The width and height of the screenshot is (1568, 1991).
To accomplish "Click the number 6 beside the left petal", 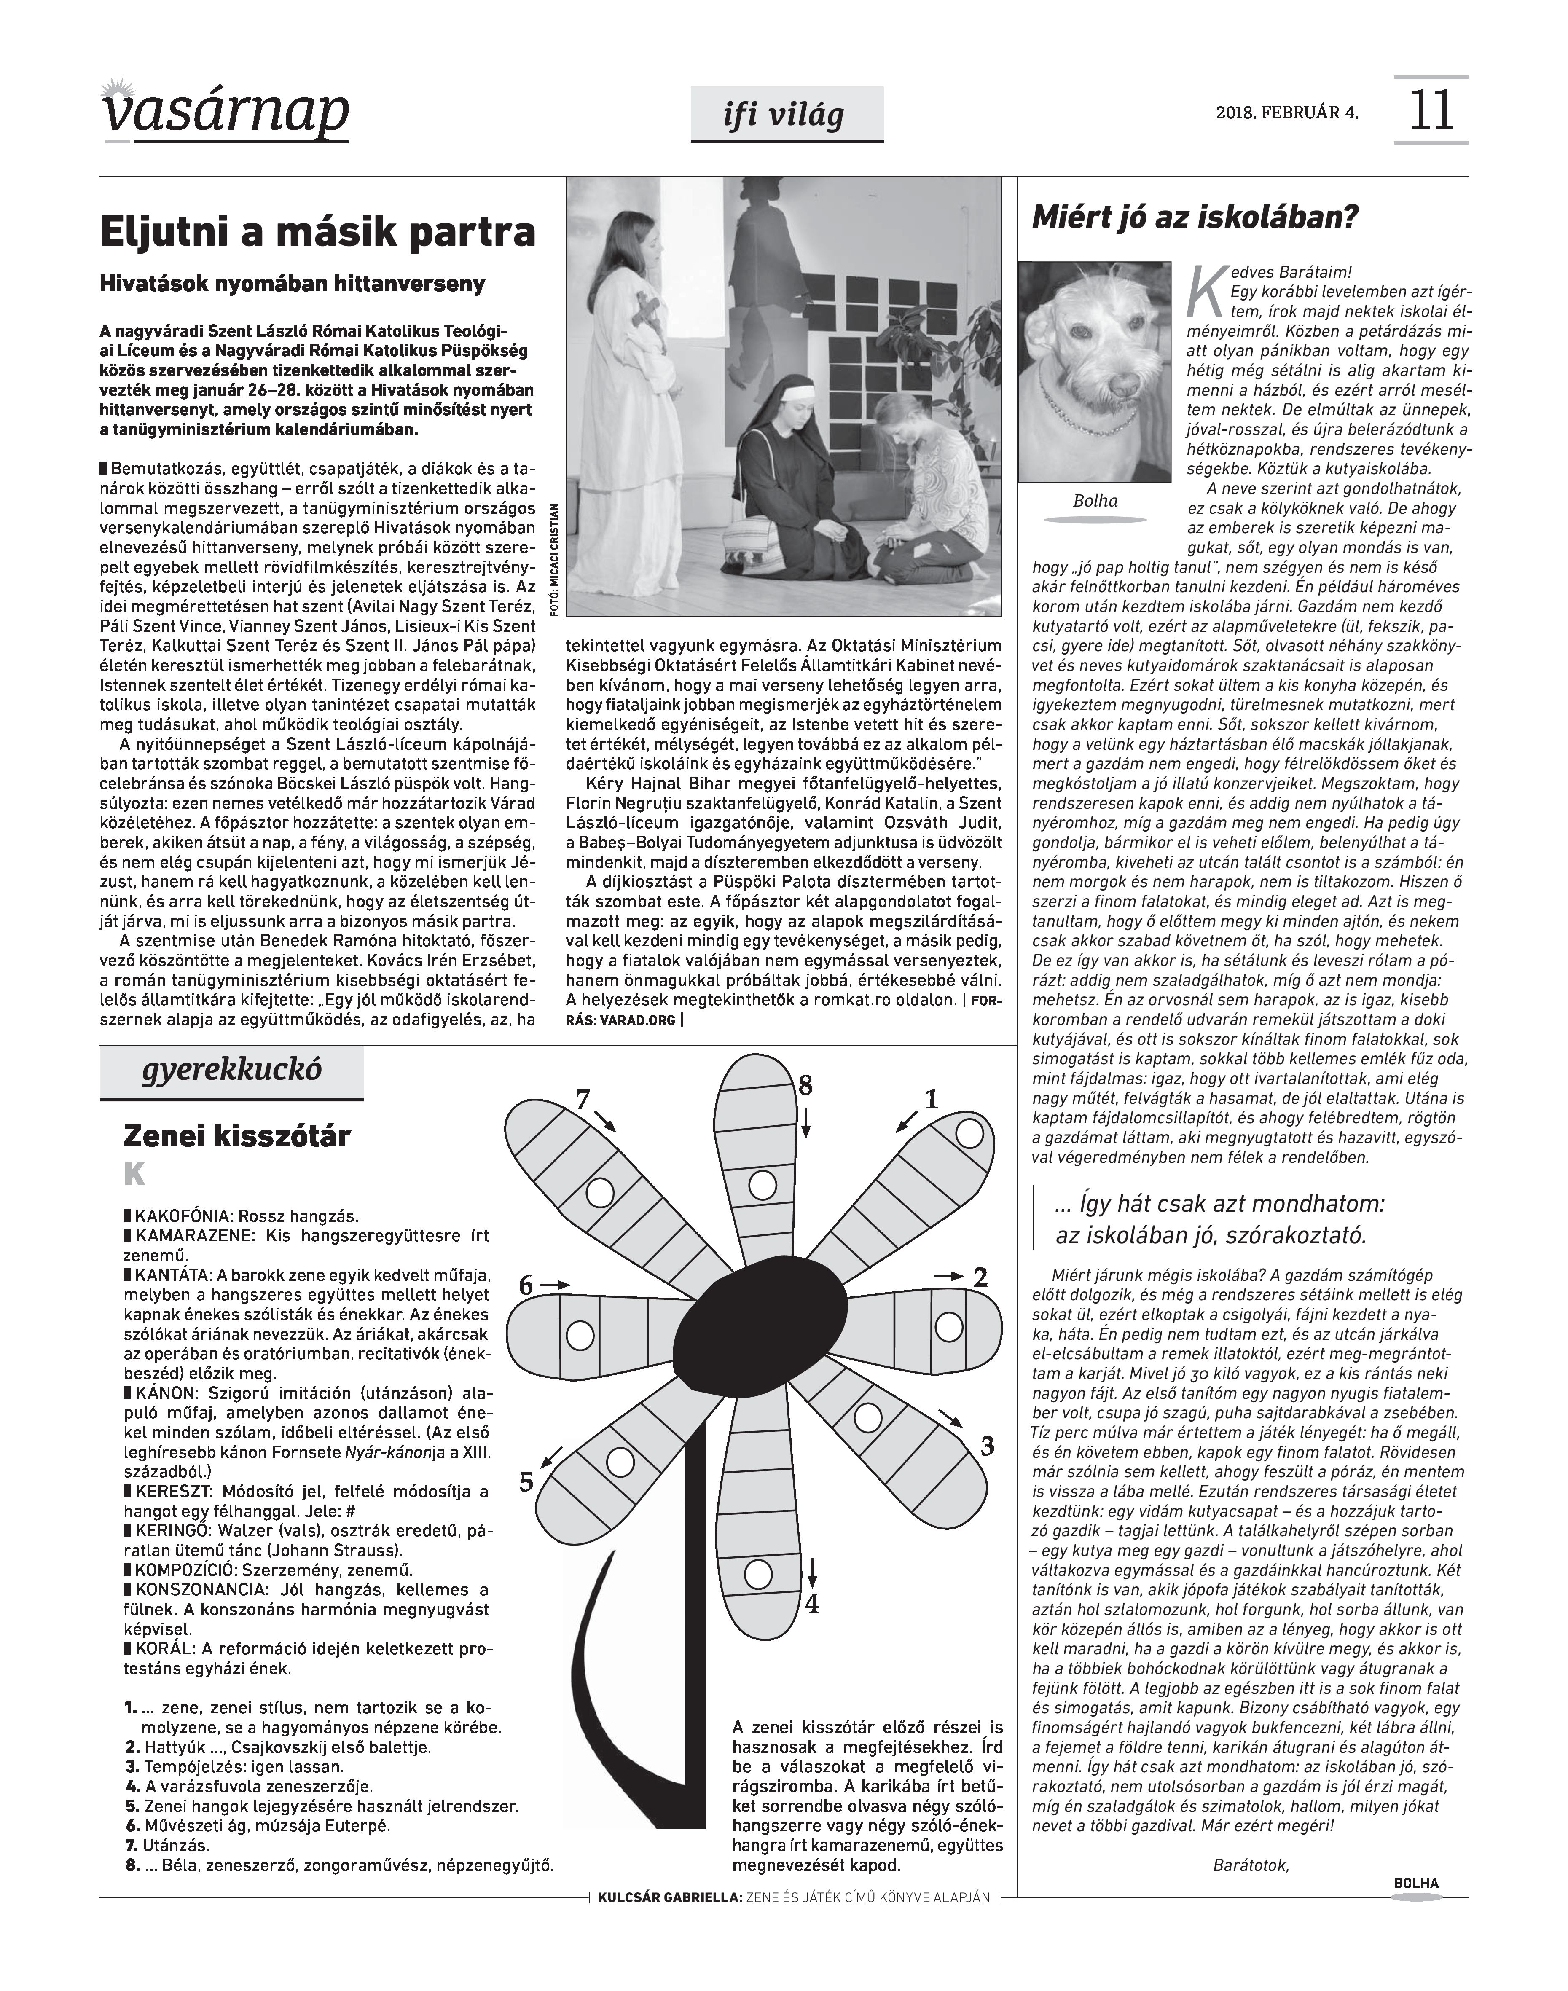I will pos(526,1286).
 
